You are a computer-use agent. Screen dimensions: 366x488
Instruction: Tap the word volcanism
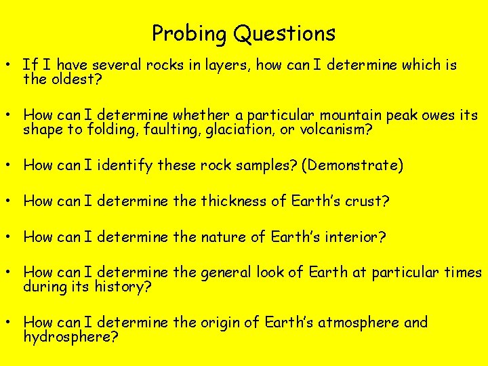point(338,129)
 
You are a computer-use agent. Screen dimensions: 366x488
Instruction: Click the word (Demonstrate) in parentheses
point(352,165)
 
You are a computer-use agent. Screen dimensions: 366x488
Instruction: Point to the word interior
point(354,237)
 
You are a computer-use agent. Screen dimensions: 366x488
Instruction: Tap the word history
point(125,287)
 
